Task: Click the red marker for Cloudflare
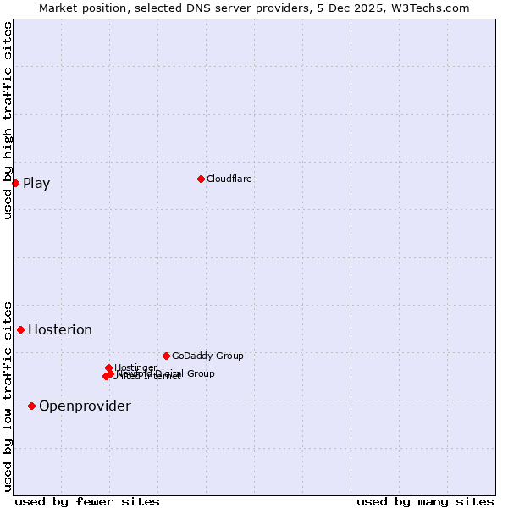tap(201, 179)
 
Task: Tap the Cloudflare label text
tap(229, 179)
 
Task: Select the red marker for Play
tap(15, 183)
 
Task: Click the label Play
tap(36, 183)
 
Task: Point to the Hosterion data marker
tap(21, 329)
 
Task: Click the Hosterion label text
tap(60, 329)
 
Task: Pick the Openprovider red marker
tap(32, 406)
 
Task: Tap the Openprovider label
tap(85, 406)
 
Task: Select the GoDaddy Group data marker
tap(166, 356)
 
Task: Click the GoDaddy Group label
tap(207, 356)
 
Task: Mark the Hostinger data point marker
tap(108, 367)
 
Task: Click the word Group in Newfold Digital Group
tap(201, 373)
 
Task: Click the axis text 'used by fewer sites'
tap(87, 501)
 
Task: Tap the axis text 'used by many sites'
tap(425, 501)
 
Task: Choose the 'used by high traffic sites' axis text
tap(8, 120)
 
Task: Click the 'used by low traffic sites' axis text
tap(8, 395)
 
